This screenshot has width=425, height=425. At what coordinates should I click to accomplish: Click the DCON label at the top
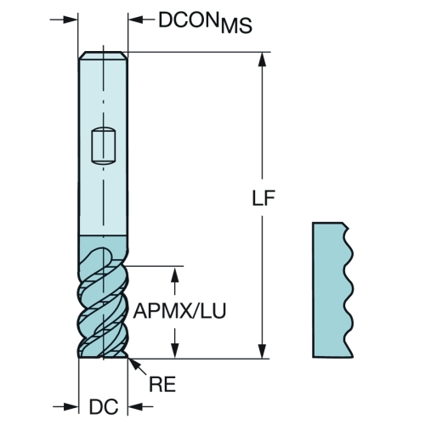click(190, 20)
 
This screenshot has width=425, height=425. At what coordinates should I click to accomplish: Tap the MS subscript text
click(236, 26)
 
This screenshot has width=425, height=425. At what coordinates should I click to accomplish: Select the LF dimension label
click(263, 197)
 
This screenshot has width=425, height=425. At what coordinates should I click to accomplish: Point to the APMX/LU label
click(179, 311)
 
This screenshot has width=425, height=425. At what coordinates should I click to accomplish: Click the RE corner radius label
click(162, 384)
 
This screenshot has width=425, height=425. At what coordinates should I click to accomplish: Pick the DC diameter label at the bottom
click(104, 407)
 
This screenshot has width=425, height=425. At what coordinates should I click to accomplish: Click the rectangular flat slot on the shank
click(104, 146)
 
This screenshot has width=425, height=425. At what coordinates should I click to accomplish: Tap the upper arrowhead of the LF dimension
click(263, 59)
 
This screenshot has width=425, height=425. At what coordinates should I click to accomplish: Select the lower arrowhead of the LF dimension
click(263, 351)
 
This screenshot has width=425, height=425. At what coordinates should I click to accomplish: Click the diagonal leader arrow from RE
click(138, 367)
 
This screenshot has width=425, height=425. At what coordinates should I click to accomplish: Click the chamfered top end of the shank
click(103, 55)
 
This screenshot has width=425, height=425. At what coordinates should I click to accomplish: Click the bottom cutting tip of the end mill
click(103, 356)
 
